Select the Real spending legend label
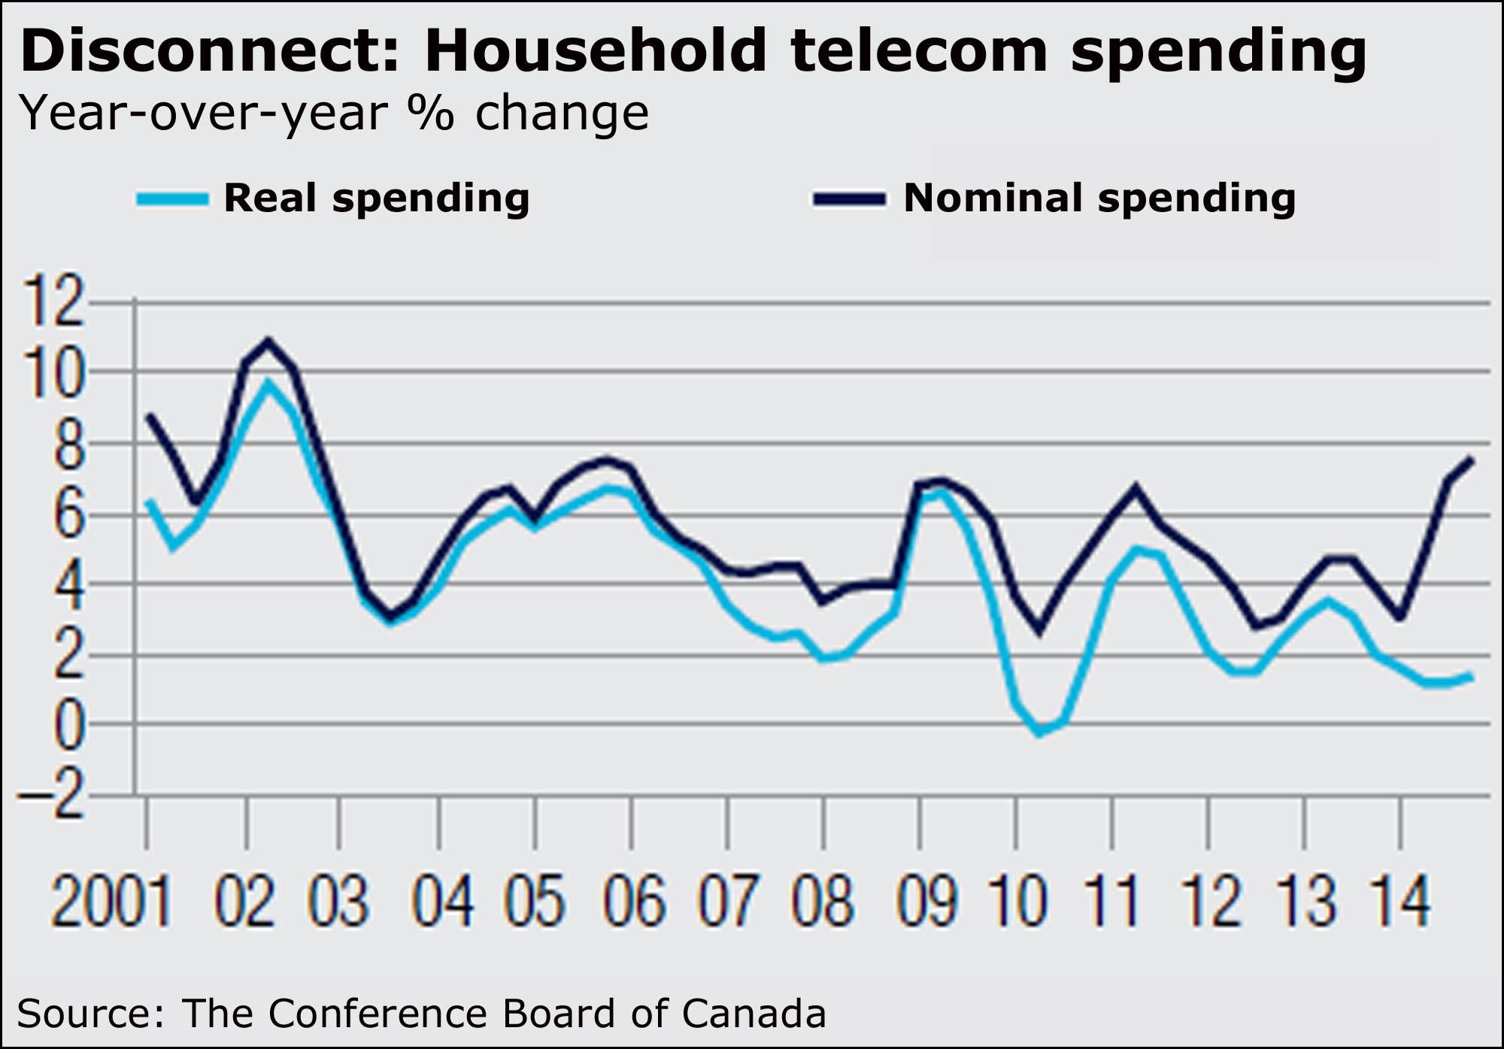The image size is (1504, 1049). click(x=377, y=199)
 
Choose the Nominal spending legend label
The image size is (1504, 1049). click(x=1099, y=199)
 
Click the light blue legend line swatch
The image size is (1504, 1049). click(x=172, y=199)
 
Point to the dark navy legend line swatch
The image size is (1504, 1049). click(x=850, y=199)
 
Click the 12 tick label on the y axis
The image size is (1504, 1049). click(x=53, y=302)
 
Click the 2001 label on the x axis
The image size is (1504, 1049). click(x=111, y=900)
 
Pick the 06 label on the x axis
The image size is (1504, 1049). click(x=634, y=900)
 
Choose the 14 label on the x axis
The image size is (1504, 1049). click(x=1399, y=900)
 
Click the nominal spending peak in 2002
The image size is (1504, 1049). click(x=268, y=341)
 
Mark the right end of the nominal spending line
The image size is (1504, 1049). click(x=1470, y=460)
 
